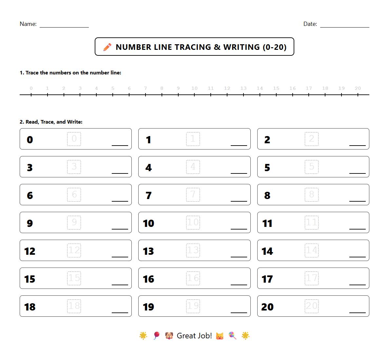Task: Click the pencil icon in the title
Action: [107, 47]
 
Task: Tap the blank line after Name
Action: [64, 27]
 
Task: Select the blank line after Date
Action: [344, 27]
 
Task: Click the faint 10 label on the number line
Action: [194, 88]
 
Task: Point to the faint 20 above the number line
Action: [358, 88]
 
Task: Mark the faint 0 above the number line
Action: [31, 88]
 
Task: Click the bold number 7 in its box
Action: [148, 195]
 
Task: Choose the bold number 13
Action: [148, 251]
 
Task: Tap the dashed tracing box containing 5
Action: [311, 167]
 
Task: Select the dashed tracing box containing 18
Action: [74, 306]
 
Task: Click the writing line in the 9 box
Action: [120, 229]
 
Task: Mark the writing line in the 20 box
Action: [357, 312]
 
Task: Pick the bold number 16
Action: [148, 279]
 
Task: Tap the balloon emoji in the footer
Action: [157, 335]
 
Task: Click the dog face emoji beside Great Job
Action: [169, 336]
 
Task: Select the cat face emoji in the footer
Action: [220, 336]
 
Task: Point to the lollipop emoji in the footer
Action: [232, 335]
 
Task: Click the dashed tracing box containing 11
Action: [311, 222]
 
